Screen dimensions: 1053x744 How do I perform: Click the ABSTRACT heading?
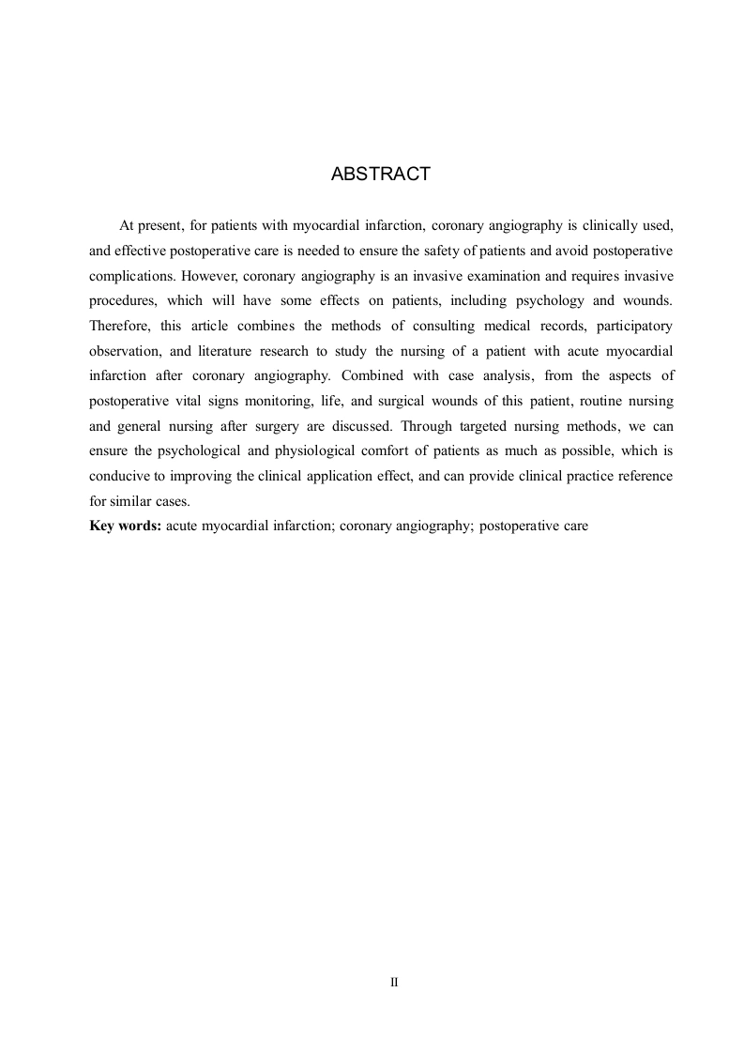tap(381, 175)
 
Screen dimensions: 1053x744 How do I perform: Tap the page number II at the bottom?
tap(394, 982)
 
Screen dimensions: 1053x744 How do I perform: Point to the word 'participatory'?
tap(635, 326)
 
